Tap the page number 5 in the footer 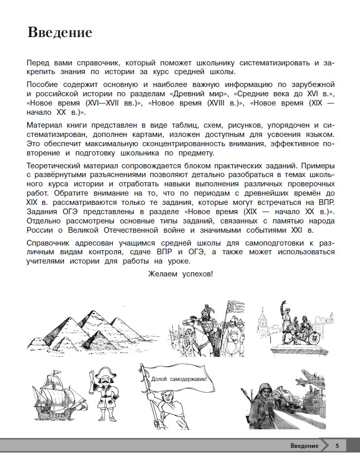point(337,446)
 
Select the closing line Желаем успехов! point(180,274)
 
